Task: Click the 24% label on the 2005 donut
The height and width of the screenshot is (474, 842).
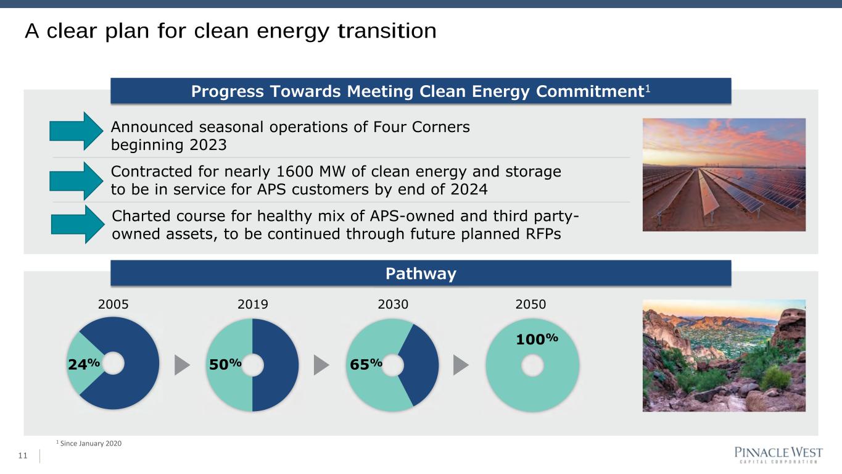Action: [84, 364]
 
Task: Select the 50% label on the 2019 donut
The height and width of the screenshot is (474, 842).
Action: [225, 364]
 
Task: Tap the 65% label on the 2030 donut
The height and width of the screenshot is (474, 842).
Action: [366, 364]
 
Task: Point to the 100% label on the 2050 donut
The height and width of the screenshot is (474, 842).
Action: [537, 339]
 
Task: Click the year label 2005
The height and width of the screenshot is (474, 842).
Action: [113, 304]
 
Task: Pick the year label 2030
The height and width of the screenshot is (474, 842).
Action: [393, 304]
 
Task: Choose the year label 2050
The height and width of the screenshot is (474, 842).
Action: [530, 304]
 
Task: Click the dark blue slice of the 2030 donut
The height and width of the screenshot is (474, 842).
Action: [421, 365]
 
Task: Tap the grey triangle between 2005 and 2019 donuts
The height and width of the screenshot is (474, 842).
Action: [182, 365]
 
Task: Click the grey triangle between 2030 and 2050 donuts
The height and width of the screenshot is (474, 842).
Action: [461, 365]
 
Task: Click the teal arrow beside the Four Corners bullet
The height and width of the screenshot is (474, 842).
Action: [76, 131]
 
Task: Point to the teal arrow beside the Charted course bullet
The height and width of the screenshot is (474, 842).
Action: [78, 224]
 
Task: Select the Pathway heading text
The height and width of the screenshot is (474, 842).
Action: [421, 274]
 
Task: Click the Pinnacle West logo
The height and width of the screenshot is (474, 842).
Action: [778, 454]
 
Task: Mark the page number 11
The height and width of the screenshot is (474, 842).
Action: [23, 456]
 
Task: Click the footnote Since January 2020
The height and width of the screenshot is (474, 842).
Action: [91, 444]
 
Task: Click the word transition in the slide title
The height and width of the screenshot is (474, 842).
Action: [387, 30]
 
